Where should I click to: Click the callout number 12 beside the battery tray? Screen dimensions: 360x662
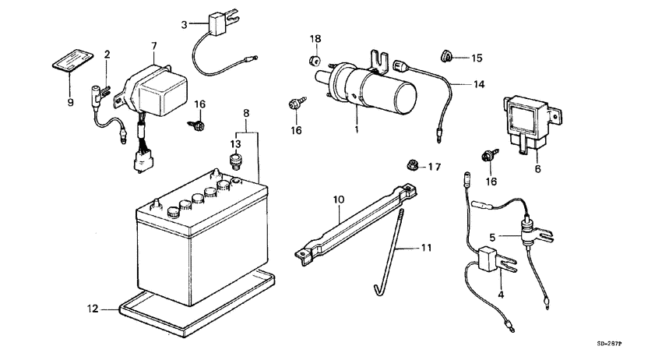pos(92,310)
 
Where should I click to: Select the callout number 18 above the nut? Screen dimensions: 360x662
pos(315,39)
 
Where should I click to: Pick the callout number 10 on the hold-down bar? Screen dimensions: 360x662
pos(339,200)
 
